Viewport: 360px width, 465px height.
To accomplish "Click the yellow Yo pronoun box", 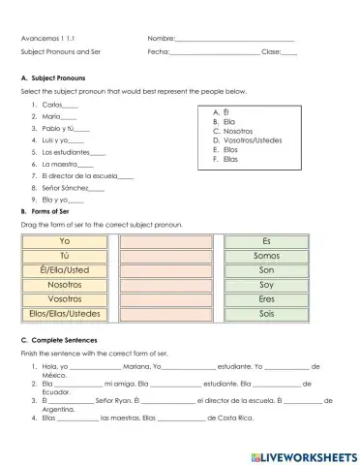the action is [65, 240].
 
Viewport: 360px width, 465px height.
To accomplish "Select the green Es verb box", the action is [267, 240].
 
